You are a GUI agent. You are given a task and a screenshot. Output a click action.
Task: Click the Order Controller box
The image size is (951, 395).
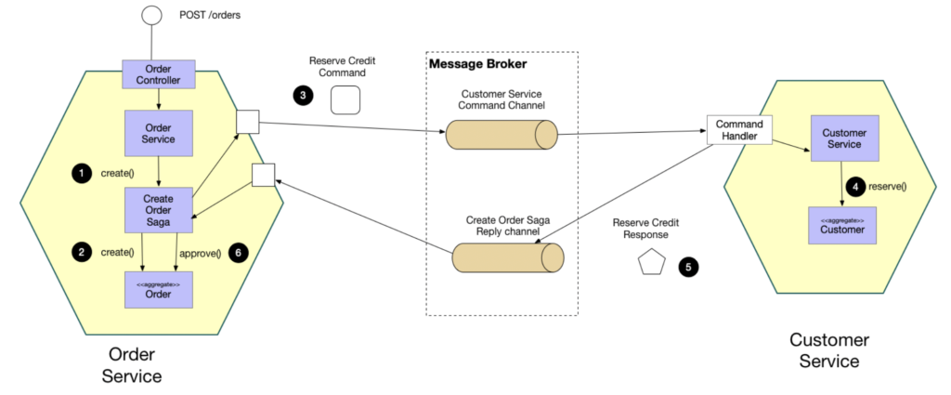pyautogui.click(x=158, y=75)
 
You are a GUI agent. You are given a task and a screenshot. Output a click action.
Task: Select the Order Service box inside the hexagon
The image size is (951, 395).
pyautogui.click(x=158, y=133)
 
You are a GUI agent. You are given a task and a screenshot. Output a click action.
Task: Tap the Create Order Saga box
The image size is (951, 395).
pyautogui.click(x=158, y=209)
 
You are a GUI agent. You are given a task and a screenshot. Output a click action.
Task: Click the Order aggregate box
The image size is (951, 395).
pyautogui.click(x=158, y=288)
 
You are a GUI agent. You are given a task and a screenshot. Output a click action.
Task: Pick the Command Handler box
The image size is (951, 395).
pyautogui.click(x=739, y=131)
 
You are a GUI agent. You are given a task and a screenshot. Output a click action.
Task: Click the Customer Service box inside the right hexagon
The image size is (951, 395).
pyautogui.click(x=842, y=138)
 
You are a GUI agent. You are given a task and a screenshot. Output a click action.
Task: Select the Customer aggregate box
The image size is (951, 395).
pyautogui.click(x=842, y=223)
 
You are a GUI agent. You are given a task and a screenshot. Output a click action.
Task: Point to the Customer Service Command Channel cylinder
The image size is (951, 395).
pyautogui.click(x=501, y=135)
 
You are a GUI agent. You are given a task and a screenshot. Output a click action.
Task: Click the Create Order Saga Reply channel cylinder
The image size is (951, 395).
pyautogui.click(x=507, y=257)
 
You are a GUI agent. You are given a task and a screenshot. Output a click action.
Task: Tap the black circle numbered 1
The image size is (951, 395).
pyautogui.click(x=83, y=173)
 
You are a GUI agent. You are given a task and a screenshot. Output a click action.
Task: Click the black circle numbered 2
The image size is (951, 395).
pyautogui.click(x=83, y=252)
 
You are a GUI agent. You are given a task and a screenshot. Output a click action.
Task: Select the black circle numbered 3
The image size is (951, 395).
pyautogui.click(x=303, y=94)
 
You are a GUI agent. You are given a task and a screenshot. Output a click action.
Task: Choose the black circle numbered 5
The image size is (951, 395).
pyautogui.click(x=687, y=266)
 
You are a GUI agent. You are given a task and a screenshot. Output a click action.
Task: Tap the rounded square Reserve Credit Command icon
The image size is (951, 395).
pyautogui.click(x=345, y=99)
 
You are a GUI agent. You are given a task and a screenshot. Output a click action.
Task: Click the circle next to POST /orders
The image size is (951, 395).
pyautogui.click(x=150, y=16)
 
